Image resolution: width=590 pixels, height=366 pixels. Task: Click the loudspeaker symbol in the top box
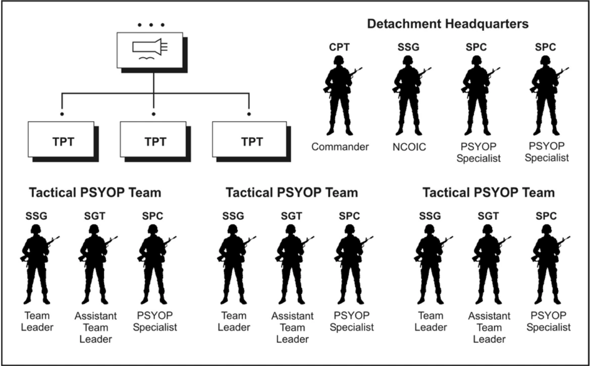(150, 47)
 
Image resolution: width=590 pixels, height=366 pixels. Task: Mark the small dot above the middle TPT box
(153, 113)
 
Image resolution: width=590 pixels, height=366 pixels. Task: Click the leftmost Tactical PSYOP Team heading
(95, 192)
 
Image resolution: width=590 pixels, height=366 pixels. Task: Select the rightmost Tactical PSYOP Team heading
(489, 192)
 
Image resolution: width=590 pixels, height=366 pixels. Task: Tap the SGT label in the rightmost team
(488, 216)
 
